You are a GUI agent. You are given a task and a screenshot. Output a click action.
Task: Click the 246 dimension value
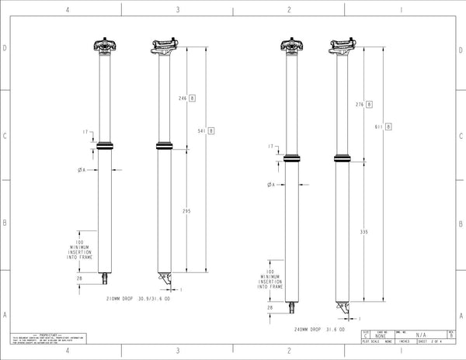pos(183,99)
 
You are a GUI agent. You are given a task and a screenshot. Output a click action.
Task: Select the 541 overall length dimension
pos(200,130)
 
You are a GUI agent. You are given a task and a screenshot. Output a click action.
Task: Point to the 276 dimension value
pos(359,104)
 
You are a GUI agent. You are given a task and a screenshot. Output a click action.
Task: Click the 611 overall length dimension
pos(378,126)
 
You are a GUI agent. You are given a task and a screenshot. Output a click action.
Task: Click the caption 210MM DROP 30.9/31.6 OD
pos(141,297)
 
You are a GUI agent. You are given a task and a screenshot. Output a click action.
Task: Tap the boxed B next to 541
pos(211,130)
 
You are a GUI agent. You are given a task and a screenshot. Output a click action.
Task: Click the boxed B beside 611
pos(388,126)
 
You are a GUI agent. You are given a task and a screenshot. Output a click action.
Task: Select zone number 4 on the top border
pos(68,10)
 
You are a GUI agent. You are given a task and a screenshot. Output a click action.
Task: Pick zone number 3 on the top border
pos(179,10)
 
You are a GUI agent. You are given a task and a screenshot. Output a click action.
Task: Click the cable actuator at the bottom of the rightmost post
pos(344,308)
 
